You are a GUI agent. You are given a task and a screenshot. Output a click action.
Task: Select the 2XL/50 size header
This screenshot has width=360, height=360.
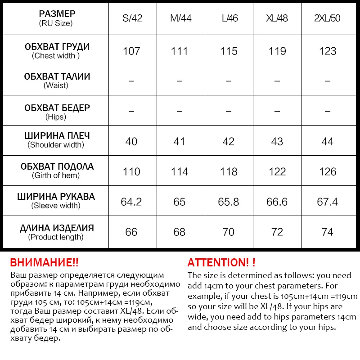pos(327,18)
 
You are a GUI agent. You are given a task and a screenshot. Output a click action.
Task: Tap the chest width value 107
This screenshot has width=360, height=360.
pos(131,51)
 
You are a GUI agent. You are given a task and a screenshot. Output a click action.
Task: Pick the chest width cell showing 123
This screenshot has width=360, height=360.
pos(327,51)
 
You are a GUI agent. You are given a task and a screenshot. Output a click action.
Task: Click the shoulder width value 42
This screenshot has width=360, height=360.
pos(229,141)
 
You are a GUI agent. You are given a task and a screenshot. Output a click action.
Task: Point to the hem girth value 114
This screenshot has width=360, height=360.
pos(179,171)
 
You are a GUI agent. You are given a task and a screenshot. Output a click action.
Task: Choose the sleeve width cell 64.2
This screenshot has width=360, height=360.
pos(131,202)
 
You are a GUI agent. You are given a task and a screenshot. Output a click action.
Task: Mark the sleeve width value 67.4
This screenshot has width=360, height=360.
pos(327,202)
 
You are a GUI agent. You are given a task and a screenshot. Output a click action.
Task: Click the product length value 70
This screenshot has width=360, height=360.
pos(229,232)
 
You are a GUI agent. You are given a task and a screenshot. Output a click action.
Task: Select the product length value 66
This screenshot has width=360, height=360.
pos(131,232)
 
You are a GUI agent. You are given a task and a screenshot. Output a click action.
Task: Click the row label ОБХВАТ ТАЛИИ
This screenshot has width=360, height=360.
pos(57,76)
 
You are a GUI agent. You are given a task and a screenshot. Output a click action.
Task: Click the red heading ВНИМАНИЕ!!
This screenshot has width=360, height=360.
pos(44,262)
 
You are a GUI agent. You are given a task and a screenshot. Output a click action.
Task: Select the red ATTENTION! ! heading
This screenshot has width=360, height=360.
pos(221,262)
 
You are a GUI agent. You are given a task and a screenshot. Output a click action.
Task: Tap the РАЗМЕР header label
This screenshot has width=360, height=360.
pos(57,14)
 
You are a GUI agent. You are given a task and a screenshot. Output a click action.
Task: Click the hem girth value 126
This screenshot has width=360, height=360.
pos(327,171)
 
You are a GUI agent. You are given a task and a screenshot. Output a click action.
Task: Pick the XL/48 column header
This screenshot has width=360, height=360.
pos(277,18)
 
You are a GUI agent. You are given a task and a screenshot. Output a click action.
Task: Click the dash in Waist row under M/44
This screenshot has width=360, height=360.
pos(179,81)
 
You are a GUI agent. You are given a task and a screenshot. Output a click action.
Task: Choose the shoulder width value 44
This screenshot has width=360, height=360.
pos(327,141)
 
